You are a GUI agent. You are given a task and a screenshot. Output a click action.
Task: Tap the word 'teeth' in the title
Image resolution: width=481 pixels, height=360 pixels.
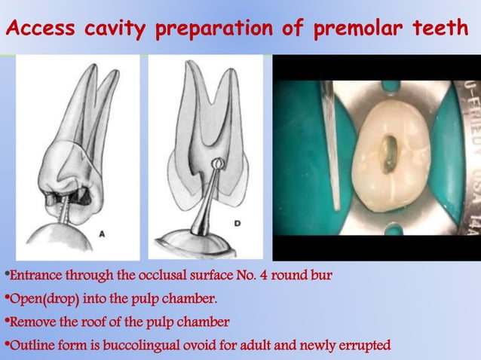[437, 30]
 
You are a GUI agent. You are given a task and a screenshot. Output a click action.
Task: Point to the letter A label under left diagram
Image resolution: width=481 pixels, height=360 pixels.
[102, 234]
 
